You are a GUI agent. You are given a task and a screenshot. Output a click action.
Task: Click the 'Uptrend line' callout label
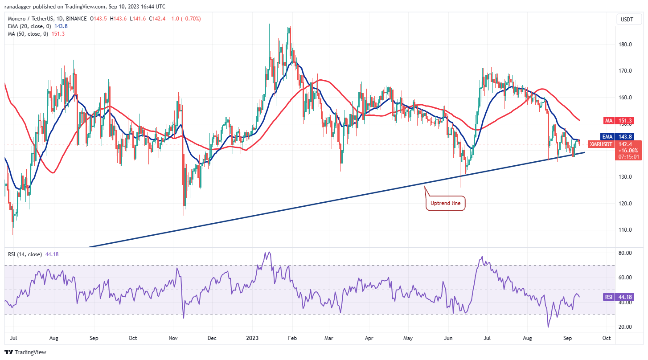pos(445,203)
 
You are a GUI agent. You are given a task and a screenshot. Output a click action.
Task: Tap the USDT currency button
pos(627,19)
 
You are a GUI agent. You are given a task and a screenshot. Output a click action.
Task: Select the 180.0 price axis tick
pos(625,45)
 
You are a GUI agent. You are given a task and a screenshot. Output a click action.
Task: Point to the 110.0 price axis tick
pos(625,230)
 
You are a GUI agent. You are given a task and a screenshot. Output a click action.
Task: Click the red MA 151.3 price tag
pos(619,121)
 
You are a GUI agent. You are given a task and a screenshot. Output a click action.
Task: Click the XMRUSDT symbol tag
pos(601,144)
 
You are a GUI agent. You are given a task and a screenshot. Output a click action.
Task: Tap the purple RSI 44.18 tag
pos(619,297)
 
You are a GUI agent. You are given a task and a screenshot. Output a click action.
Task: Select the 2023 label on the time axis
pos(252,338)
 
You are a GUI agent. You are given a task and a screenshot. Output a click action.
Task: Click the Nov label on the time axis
pos(173,338)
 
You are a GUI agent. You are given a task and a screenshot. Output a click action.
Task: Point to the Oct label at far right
pos(607,338)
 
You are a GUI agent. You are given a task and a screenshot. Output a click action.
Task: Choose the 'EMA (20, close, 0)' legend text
pos(29,26)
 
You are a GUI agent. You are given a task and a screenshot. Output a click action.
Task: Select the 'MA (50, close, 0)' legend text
pos(28,34)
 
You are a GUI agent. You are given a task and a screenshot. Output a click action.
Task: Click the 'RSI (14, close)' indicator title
pos(25,254)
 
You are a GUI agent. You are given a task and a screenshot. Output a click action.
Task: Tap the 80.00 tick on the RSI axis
pos(625,253)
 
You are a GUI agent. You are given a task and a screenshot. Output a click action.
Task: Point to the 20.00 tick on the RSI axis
pos(625,327)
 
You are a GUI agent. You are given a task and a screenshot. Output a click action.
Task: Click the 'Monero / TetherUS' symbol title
pos(30,19)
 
